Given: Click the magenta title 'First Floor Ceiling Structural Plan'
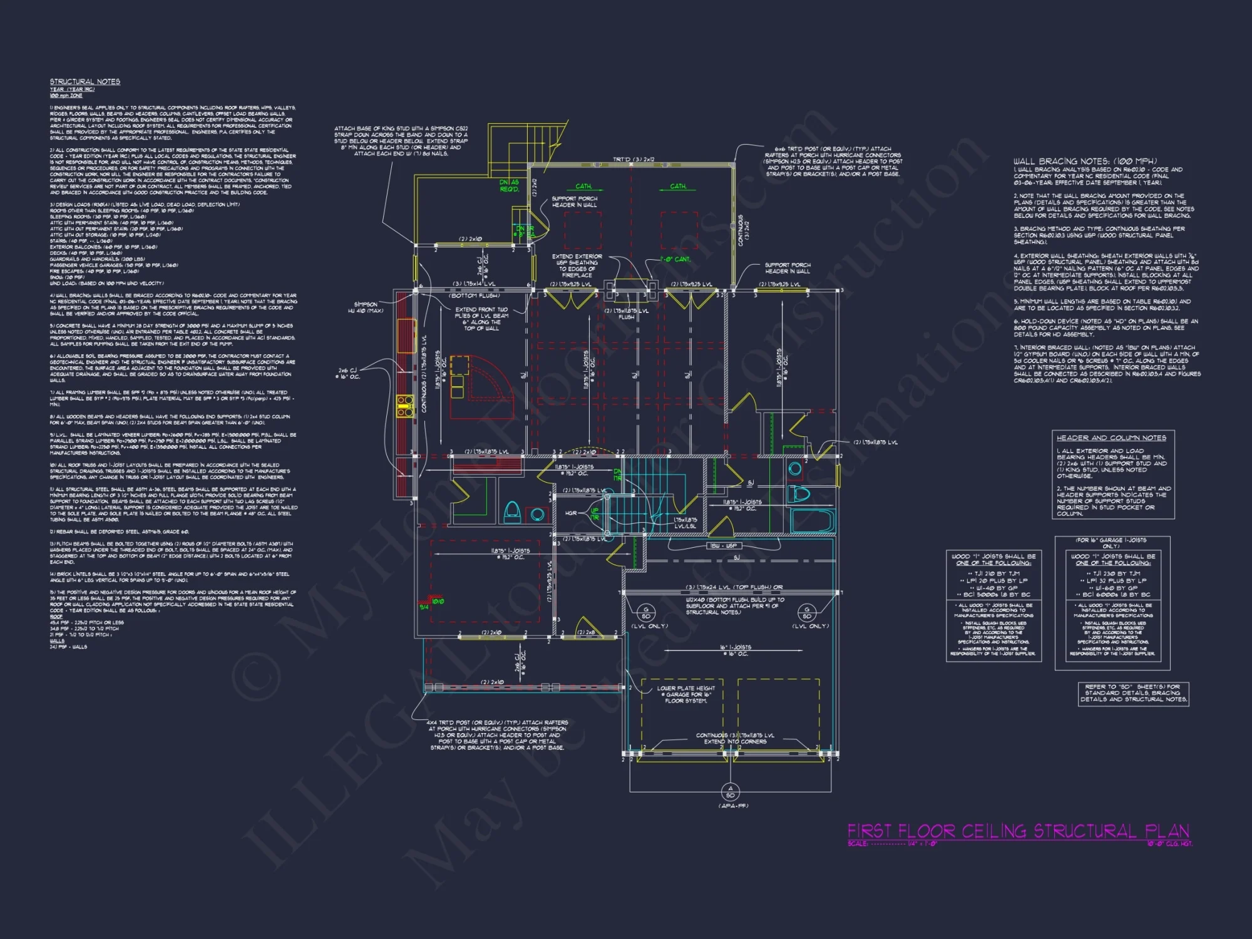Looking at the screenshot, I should [x=1018, y=831].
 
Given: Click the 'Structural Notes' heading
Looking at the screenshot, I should [x=85, y=82].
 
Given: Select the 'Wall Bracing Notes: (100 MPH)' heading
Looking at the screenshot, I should [x=1085, y=162].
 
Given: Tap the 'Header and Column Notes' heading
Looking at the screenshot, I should [x=1112, y=438].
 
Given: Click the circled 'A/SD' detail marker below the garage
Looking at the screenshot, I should [x=730, y=792].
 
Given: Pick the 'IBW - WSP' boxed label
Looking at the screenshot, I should [x=724, y=546].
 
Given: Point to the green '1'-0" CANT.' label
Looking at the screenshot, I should [x=675, y=259].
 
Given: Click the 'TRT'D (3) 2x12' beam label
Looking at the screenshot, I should [x=634, y=160].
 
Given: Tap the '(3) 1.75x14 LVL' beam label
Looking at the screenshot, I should [x=474, y=284].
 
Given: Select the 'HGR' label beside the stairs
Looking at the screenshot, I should [x=571, y=513].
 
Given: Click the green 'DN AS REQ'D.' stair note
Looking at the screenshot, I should [x=509, y=186].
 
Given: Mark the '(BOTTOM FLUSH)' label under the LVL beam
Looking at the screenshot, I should [x=474, y=295].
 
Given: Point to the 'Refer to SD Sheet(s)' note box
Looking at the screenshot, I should [x=1133, y=693].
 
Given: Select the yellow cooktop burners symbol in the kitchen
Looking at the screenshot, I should [x=405, y=406].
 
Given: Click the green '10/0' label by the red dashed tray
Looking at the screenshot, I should [x=438, y=602].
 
